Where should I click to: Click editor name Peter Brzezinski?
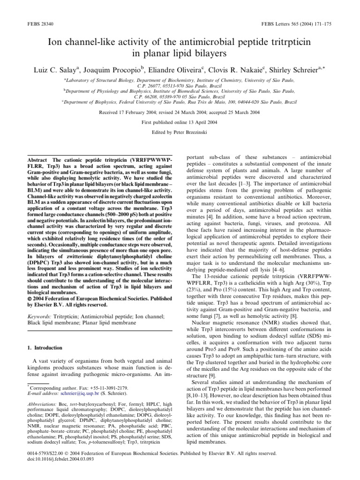point(195,132)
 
